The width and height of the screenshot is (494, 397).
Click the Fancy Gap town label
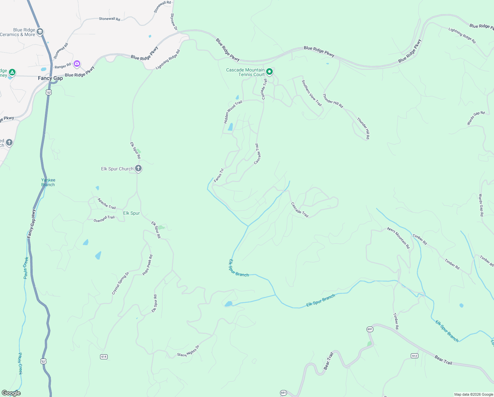click(50, 78)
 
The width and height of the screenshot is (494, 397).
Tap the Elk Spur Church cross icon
click(138, 168)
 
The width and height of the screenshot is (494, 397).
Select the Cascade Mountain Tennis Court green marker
click(269, 71)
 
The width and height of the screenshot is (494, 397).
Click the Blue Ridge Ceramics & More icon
click(40, 32)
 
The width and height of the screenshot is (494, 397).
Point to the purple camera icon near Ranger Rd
click(77, 64)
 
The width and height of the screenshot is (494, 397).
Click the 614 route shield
click(104, 357)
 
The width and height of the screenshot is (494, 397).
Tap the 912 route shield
click(414, 356)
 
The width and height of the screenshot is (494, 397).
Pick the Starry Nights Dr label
click(188, 351)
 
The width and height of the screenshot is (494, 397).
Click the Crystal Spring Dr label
click(120, 283)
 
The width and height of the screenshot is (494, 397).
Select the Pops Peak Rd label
click(148, 265)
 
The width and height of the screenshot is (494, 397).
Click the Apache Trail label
click(107, 203)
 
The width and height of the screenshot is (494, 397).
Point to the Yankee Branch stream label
click(48, 182)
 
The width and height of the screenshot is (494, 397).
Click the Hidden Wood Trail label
click(233, 112)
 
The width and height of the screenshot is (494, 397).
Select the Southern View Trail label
click(312, 93)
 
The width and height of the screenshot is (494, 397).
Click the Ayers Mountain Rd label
click(399, 238)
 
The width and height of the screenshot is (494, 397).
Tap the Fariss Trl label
click(219, 175)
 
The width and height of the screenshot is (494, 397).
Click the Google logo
click(11, 393)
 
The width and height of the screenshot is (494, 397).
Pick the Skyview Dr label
click(174, 22)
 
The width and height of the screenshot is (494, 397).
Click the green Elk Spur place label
click(131, 213)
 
